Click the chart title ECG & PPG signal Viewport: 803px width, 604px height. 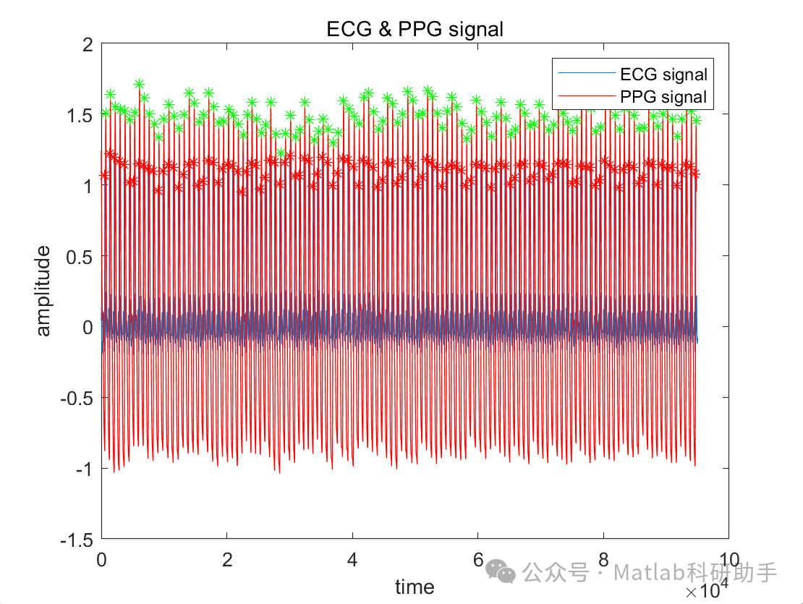click(415, 30)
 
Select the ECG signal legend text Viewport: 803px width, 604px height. click(663, 74)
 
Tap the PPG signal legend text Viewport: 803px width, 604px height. click(663, 96)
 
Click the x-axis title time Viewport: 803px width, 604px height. click(415, 587)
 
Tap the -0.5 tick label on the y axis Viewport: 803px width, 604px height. click(77, 398)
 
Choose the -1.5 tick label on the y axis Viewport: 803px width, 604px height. click(77, 540)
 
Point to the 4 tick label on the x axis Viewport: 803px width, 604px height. click(352, 559)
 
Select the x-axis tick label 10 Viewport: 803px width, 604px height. click(728, 559)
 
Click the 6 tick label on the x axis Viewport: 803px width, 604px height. click(477, 559)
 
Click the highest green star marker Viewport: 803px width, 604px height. click(139, 85)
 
